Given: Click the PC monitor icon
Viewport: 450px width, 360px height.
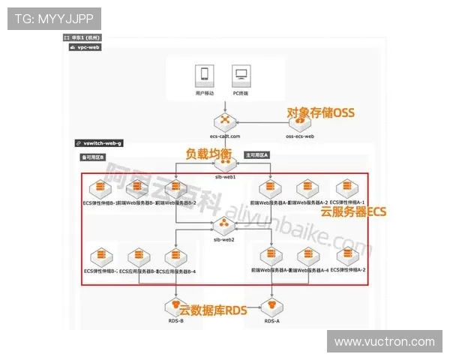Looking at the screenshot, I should point(241,76).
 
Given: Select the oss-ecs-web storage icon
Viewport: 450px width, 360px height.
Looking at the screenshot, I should point(300,121).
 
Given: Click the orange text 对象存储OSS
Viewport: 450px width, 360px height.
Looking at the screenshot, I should point(320,112).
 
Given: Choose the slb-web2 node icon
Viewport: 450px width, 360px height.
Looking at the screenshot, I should point(223,226).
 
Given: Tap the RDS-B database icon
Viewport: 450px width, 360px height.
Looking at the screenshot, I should point(175,307).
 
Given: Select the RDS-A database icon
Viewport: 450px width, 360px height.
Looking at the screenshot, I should point(271,307).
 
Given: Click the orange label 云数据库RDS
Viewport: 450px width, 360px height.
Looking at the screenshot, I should point(212,309).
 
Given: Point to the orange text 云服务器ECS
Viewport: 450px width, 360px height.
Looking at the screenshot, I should point(353,212).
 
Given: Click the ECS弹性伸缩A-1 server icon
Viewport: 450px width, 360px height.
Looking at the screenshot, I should point(346,188).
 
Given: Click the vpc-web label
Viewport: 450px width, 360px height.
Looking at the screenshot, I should point(88,46).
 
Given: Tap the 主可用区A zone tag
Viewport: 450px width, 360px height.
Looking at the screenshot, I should point(256,154).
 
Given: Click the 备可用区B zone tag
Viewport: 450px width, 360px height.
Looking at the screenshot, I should point(93,157).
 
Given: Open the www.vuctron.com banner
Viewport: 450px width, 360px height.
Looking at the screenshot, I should point(384,341).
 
